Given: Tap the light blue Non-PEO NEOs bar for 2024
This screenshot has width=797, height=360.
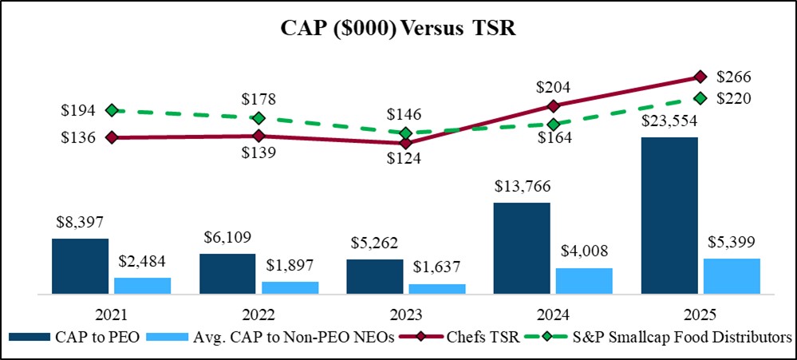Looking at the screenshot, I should coord(584,281).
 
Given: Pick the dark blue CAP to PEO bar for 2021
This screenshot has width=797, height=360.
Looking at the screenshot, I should coord(80,266).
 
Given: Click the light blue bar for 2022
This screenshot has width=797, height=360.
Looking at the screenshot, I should coord(290,287).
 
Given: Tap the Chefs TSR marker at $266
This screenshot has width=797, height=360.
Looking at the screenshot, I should coord(700,77).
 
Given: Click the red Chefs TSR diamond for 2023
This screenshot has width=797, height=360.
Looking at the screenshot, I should coord(406,144).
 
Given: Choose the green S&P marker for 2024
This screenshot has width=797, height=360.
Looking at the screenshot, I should coord(553,124).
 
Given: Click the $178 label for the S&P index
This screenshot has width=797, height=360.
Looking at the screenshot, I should coord(259,100).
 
